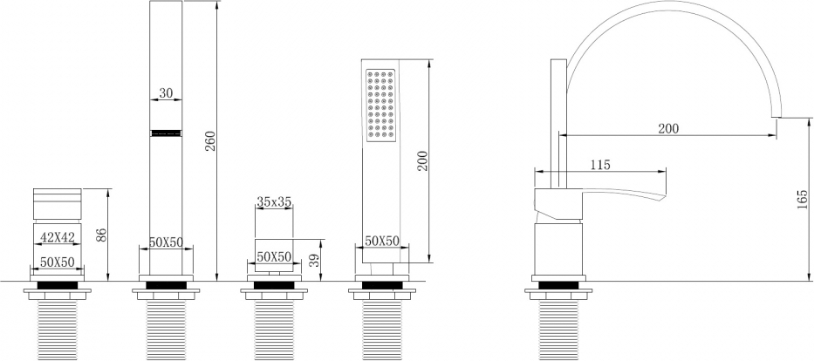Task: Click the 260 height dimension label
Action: point(210,140)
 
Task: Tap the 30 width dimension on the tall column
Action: point(166,93)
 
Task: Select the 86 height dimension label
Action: point(102,235)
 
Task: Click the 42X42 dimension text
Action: point(58,237)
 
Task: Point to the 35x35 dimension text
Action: point(274,202)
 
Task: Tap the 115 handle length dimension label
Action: point(600,165)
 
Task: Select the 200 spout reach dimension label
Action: point(668,129)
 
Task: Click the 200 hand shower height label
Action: point(422,161)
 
